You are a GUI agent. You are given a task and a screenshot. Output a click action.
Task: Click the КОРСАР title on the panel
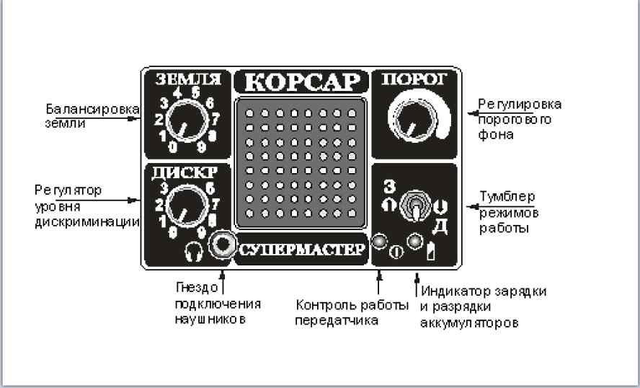tap(303, 82)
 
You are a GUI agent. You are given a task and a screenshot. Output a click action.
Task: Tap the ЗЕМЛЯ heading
tap(188, 79)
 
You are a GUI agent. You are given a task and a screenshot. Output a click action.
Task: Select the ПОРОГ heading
tap(414, 79)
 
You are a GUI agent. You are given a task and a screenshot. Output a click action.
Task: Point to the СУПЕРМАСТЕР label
tap(301, 250)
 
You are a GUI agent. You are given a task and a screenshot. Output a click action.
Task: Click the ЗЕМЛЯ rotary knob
tap(188, 120)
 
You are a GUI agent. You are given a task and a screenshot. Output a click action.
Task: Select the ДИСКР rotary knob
tap(187, 206)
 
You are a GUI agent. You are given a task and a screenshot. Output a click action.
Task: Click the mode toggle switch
tap(414, 206)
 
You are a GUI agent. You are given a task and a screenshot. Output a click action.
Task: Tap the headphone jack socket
tap(223, 244)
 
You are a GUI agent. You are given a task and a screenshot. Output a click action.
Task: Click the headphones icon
tap(194, 252)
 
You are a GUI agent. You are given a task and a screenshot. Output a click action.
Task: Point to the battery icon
tap(430, 251)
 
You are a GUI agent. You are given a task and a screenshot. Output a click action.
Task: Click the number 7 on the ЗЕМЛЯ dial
tap(215, 119)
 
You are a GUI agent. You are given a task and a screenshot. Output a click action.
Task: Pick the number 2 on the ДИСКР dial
tap(159, 205)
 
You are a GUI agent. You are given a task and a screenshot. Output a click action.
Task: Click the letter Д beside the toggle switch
tap(440, 226)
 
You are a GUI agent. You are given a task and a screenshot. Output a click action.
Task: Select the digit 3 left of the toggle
tap(389, 186)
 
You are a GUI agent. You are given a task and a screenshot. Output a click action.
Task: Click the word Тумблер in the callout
tap(507, 197)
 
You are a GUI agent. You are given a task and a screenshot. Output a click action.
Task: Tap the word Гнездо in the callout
tap(197, 288)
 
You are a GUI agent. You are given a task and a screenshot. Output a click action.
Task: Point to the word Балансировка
tap(92, 109)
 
